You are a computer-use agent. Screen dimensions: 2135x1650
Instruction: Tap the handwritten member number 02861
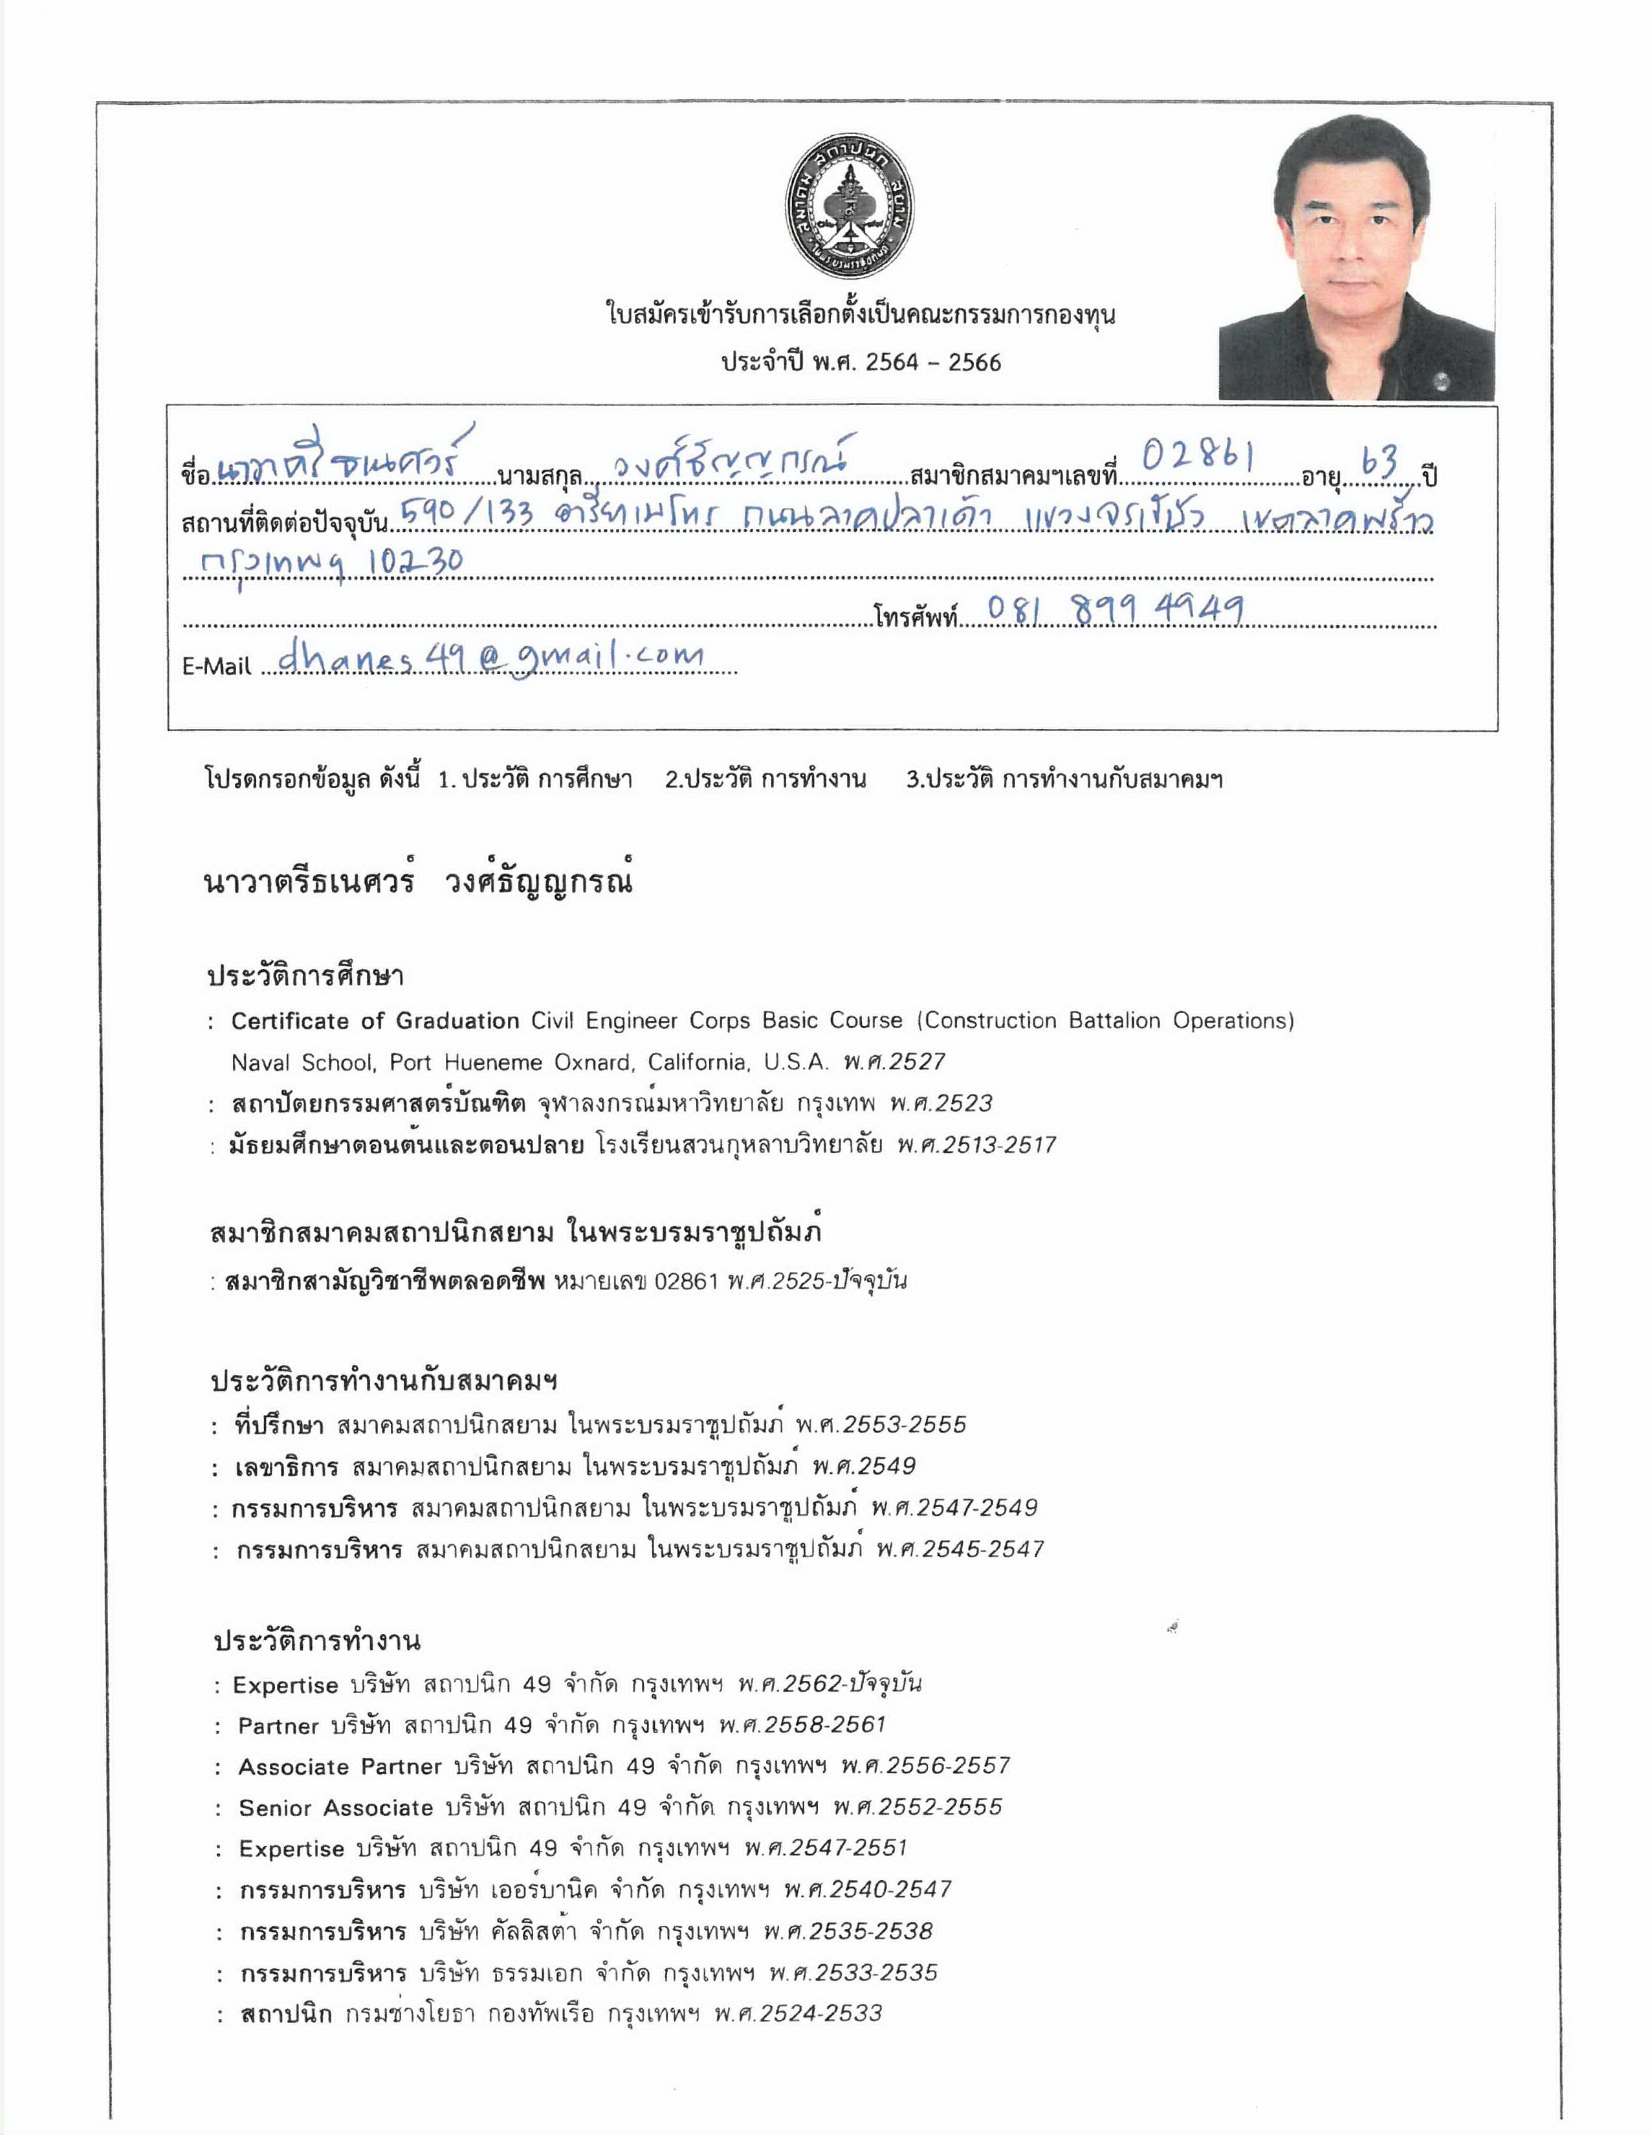(1198, 457)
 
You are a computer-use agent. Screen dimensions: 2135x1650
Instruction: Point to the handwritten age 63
(1380, 463)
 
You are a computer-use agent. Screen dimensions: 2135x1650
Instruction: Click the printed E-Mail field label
(217, 666)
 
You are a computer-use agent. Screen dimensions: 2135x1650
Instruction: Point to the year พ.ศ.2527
(894, 1062)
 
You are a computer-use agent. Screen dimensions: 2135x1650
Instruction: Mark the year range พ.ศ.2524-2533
(798, 2014)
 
